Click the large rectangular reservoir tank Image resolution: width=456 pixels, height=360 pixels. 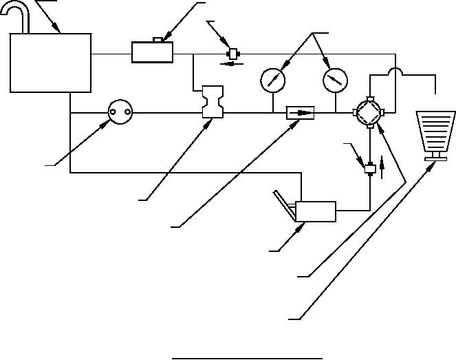point(51,63)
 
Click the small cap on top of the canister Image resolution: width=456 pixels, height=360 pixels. point(158,40)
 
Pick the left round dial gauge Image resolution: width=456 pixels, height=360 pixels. point(273,81)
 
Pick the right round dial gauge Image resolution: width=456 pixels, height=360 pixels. point(335,81)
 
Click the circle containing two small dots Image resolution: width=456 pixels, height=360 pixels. point(120,111)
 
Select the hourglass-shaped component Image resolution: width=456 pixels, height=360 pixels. point(210,103)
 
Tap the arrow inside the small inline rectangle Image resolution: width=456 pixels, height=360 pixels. point(300,112)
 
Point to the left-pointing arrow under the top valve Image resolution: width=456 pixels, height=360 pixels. point(227,63)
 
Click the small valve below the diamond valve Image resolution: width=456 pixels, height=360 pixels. point(370,169)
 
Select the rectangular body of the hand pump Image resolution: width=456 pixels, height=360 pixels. point(315,211)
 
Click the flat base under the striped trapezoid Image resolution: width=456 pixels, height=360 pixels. point(435,160)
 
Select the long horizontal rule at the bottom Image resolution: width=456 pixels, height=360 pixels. point(247,358)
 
